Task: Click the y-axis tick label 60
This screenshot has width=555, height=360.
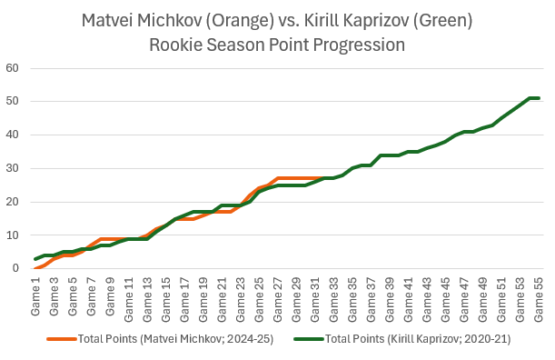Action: (x=13, y=68)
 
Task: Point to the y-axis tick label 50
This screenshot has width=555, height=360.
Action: (x=13, y=102)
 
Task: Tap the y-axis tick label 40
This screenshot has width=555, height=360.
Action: (x=13, y=135)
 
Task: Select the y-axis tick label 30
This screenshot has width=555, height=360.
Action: (x=13, y=168)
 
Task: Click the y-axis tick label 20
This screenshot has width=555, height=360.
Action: (x=13, y=202)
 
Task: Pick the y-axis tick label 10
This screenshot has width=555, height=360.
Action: (x=13, y=235)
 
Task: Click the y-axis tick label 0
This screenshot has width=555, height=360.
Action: (x=16, y=268)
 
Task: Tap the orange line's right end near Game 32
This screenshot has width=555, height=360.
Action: (x=323, y=178)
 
